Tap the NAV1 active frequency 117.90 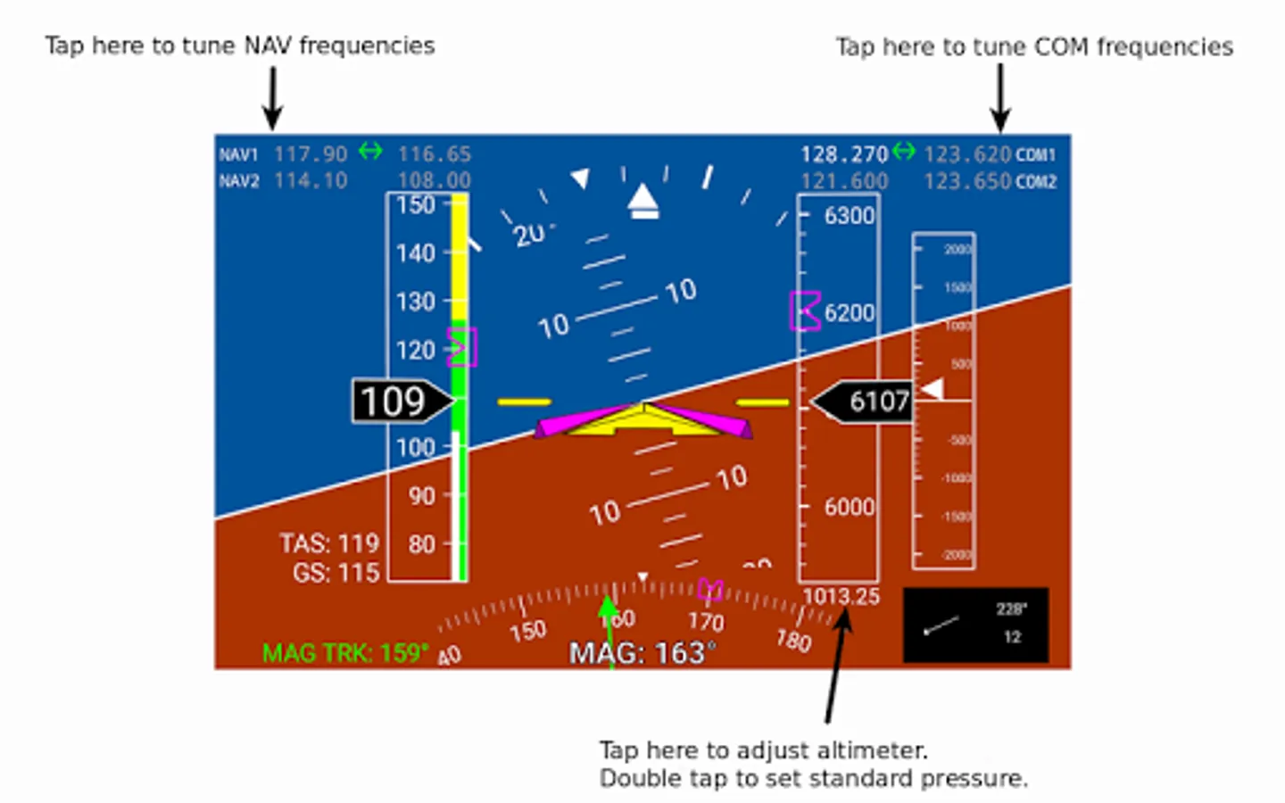(x=310, y=154)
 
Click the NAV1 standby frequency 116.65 (x=434, y=154)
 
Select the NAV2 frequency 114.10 (x=310, y=180)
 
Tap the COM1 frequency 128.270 (x=843, y=154)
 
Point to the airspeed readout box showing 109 (x=394, y=401)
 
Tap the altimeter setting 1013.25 (x=841, y=596)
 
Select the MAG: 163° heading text (x=642, y=653)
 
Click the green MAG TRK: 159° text (x=344, y=653)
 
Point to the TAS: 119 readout (x=328, y=543)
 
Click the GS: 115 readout (x=336, y=573)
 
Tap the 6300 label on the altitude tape (x=849, y=215)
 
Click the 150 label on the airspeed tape (x=415, y=205)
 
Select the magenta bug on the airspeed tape (x=462, y=347)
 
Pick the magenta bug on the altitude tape (x=805, y=311)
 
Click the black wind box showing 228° (x=975, y=625)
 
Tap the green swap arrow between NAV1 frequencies (x=370, y=152)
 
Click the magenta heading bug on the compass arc (x=710, y=589)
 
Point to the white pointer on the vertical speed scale (x=932, y=389)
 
